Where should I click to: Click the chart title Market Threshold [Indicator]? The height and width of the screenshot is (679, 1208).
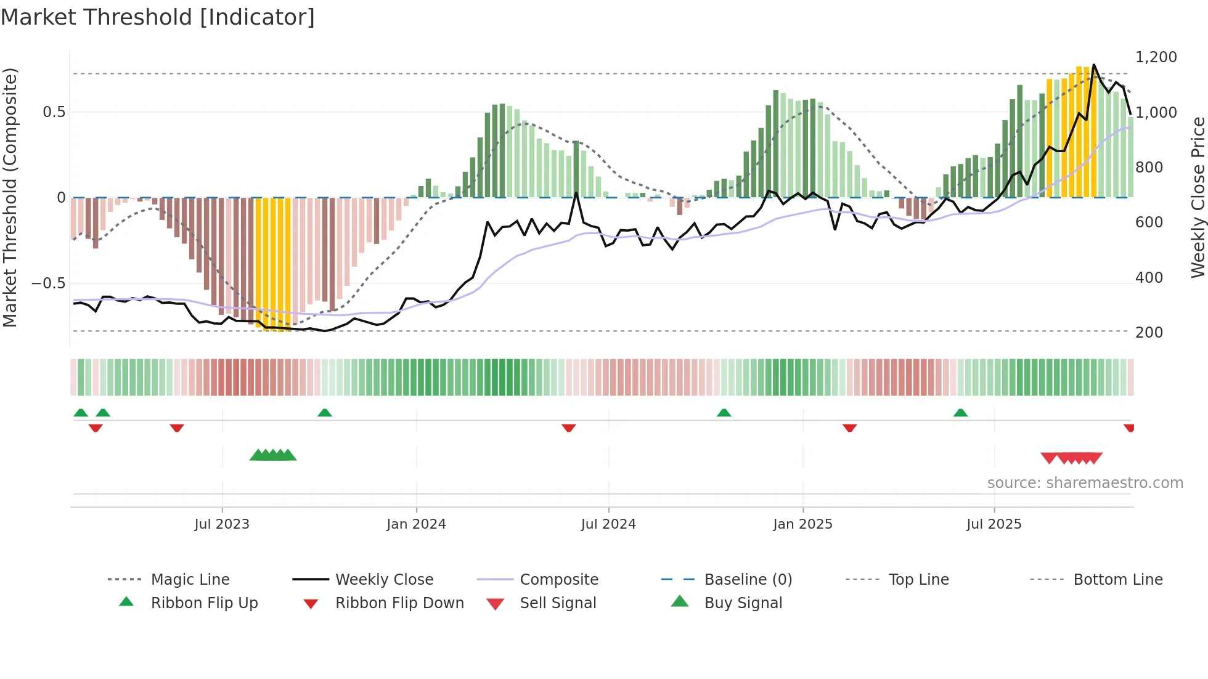[158, 17]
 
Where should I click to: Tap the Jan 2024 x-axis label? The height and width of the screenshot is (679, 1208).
[416, 524]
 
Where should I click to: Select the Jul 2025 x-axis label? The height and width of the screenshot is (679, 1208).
[994, 524]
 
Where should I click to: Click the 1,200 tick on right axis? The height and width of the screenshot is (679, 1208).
[1156, 57]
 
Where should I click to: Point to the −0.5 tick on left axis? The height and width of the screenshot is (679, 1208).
[48, 283]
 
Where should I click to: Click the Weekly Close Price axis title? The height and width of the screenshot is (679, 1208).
[1198, 197]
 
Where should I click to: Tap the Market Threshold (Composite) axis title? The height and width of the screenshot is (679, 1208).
[10, 197]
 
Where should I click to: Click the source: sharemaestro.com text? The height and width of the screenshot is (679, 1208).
[1085, 483]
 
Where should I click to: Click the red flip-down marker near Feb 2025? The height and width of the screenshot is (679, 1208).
[849, 428]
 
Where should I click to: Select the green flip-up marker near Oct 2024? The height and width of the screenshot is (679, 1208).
[724, 413]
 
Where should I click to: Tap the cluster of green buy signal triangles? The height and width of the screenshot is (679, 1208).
[273, 455]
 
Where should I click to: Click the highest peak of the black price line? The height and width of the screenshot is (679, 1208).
[1094, 64]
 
